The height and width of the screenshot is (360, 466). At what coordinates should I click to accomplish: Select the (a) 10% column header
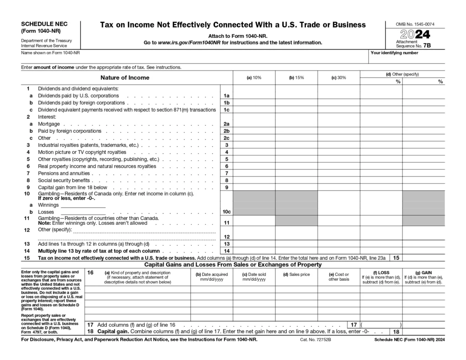pos(254,78)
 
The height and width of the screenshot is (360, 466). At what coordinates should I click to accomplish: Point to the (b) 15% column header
pos(296,78)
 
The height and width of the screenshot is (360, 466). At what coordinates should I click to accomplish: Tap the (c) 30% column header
pos(339,78)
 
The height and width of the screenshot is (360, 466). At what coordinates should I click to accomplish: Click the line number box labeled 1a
pos(226,96)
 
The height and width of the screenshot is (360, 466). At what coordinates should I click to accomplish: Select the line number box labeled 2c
pos(226,138)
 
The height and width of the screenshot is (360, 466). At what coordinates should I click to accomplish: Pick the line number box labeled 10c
pos(226,212)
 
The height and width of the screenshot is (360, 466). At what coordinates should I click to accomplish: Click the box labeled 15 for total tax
pos(396,258)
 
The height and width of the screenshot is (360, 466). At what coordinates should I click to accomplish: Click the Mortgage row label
pos(48,124)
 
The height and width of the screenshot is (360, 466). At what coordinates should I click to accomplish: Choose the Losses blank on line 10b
pos(83,212)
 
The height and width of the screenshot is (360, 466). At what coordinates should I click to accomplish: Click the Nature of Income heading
pos(125,78)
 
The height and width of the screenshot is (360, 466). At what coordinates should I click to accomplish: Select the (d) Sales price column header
pos(296,274)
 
